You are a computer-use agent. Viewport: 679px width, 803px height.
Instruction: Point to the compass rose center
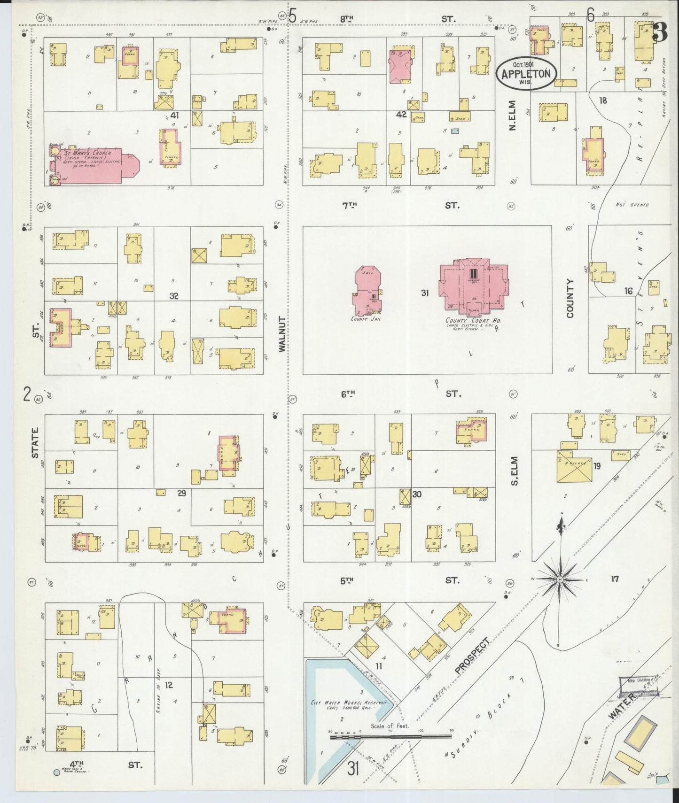pyautogui.click(x=560, y=580)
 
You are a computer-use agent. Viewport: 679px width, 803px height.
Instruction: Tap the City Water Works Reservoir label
pyautogui.click(x=351, y=705)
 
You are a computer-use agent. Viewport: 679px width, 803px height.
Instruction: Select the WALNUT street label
pyautogui.click(x=282, y=334)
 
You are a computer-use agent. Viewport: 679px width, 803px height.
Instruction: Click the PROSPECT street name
pyautogui.click(x=472, y=656)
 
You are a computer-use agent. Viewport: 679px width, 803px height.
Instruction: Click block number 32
pyautogui.click(x=174, y=296)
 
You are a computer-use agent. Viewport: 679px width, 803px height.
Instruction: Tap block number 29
pyautogui.click(x=181, y=493)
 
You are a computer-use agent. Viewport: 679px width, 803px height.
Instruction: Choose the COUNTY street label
pyautogui.click(x=570, y=298)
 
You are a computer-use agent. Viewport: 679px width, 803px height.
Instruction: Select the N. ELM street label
pyautogui.click(x=512, y=115)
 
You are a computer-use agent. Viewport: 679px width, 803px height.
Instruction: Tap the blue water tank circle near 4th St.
pyautogui.click(x=57, y=772)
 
